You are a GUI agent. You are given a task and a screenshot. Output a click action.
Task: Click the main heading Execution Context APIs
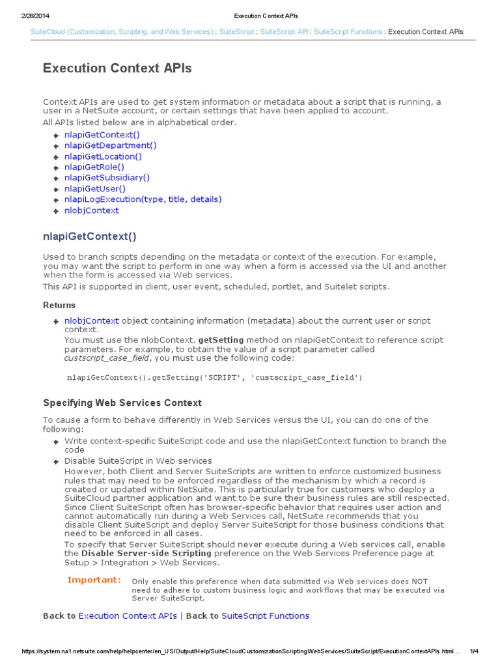coord(117,68)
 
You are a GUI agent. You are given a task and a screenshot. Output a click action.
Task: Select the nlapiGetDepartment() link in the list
coord(110,145)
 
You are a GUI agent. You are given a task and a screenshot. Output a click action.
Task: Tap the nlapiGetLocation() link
coord(103,156)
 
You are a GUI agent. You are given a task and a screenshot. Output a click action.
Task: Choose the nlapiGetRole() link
coord(94,167)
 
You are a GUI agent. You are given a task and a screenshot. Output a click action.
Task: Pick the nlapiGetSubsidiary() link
coord(107,177)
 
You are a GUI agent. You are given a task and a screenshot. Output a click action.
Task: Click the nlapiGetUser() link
coord(95,188)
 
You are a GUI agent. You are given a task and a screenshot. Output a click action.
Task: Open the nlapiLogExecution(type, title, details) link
coord(143,199)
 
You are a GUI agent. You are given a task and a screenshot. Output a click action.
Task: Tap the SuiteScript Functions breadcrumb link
coord(348,32)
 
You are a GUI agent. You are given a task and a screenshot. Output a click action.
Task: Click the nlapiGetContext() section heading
coord(90,236)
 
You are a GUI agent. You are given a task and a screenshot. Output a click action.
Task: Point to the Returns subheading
coord(59,305)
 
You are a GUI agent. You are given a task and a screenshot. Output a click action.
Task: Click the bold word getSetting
coord(221,340)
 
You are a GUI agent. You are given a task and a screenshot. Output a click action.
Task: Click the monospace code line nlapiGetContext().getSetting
coord(214,377)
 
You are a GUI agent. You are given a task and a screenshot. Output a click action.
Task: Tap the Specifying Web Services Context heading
coord(122,403)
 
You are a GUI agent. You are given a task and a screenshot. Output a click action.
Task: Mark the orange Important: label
coord(94,580)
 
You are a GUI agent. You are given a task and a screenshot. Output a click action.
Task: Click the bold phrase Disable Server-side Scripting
coord(146,553)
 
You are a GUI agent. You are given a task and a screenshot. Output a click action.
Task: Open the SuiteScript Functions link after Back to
coord(265,616)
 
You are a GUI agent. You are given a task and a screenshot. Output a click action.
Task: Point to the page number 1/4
coord(474,651)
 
